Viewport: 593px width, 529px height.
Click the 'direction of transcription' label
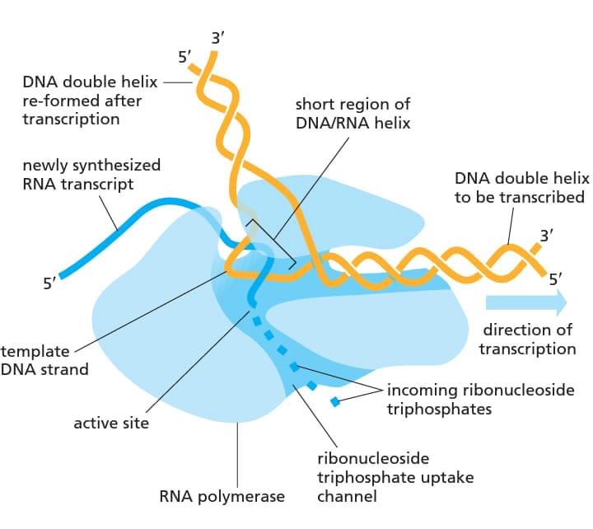pos(528,339)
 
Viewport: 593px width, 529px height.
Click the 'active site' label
pos(111,423)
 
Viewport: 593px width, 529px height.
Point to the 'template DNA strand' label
pos(44,360)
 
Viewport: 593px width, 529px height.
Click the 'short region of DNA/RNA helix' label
pos(353,115)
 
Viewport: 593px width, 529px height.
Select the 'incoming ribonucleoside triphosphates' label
pos(480,399)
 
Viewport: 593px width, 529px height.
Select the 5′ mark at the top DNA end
pos(186,58)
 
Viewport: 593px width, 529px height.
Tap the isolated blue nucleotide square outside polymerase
pos(334,402)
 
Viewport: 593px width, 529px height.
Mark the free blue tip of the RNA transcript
pos(62,274)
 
